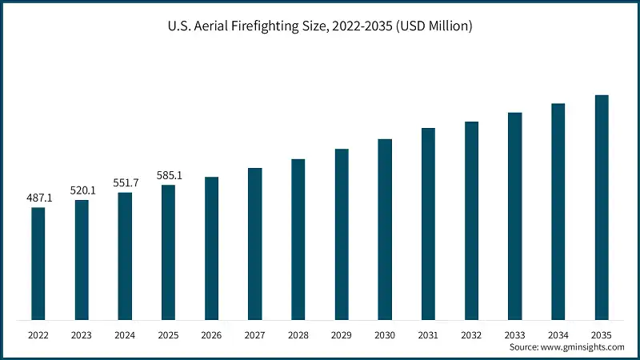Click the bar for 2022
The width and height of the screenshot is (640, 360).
pos(38,263)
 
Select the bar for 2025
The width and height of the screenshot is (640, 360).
pos(168,252)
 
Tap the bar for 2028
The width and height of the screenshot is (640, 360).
pos(298,239)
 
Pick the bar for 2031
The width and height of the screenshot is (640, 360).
pos(428,223)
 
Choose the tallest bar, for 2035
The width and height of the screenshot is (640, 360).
pos(602,207)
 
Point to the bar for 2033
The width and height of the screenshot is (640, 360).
pos(514,216)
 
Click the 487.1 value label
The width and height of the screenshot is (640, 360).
pos(38,198)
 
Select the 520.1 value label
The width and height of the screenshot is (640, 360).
pos(82,190)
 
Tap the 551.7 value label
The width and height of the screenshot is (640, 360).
pos(125,183)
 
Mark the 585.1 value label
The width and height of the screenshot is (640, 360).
pos(168,175)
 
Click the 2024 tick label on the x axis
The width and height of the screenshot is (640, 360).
pos(125,334)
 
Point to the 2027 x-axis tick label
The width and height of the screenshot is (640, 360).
pos(254,334)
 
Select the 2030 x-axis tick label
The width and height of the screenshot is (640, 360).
pos(385,334)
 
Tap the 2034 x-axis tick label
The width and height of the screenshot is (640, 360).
pos(558,334)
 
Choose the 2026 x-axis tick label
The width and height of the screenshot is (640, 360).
pos(211,334)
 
